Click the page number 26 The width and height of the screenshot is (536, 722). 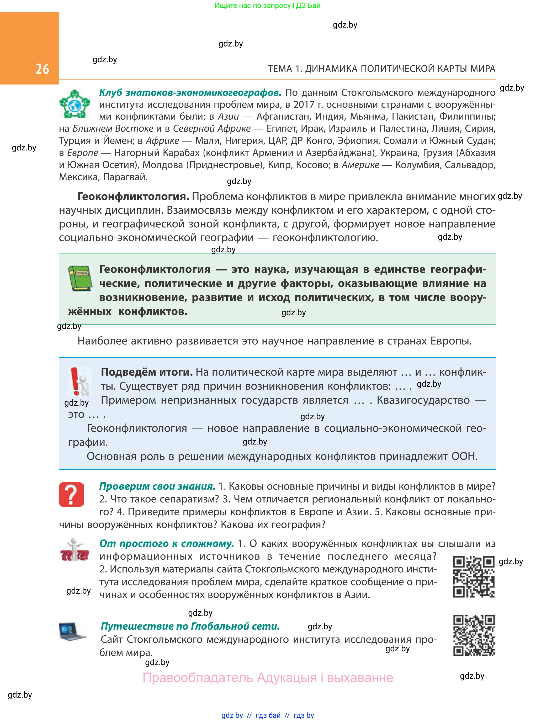(42, 69)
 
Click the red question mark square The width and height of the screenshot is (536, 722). (71, 494)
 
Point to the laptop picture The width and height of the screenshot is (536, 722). (73, 631)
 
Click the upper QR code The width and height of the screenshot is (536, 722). (474, 577)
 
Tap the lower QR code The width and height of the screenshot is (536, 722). (474, 635)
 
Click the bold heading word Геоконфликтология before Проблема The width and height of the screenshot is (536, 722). (133, 196)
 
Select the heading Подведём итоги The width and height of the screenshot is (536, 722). (147, 372)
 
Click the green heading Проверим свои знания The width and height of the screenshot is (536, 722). (157, 486)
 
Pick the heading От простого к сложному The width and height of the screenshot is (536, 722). (166, 543)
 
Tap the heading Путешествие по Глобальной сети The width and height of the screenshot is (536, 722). (190, 626)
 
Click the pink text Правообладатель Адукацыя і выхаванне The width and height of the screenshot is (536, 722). (268, 678)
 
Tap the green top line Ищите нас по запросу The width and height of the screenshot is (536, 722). (267, 6)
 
